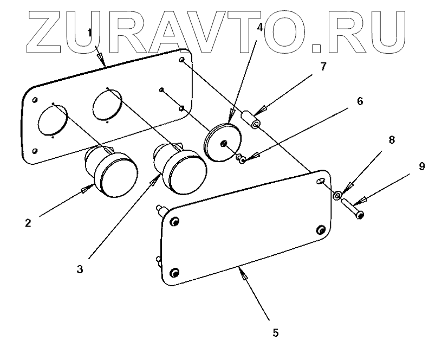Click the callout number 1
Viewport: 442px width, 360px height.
92,34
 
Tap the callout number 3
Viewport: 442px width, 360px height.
80,269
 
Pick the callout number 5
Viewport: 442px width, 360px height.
275,332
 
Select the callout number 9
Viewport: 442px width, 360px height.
422,166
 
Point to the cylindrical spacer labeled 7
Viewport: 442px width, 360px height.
252,119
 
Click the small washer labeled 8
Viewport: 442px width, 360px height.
337,194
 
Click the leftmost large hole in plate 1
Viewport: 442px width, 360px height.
52,120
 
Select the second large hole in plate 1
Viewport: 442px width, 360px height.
107,105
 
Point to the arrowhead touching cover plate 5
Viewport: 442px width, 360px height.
244,276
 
